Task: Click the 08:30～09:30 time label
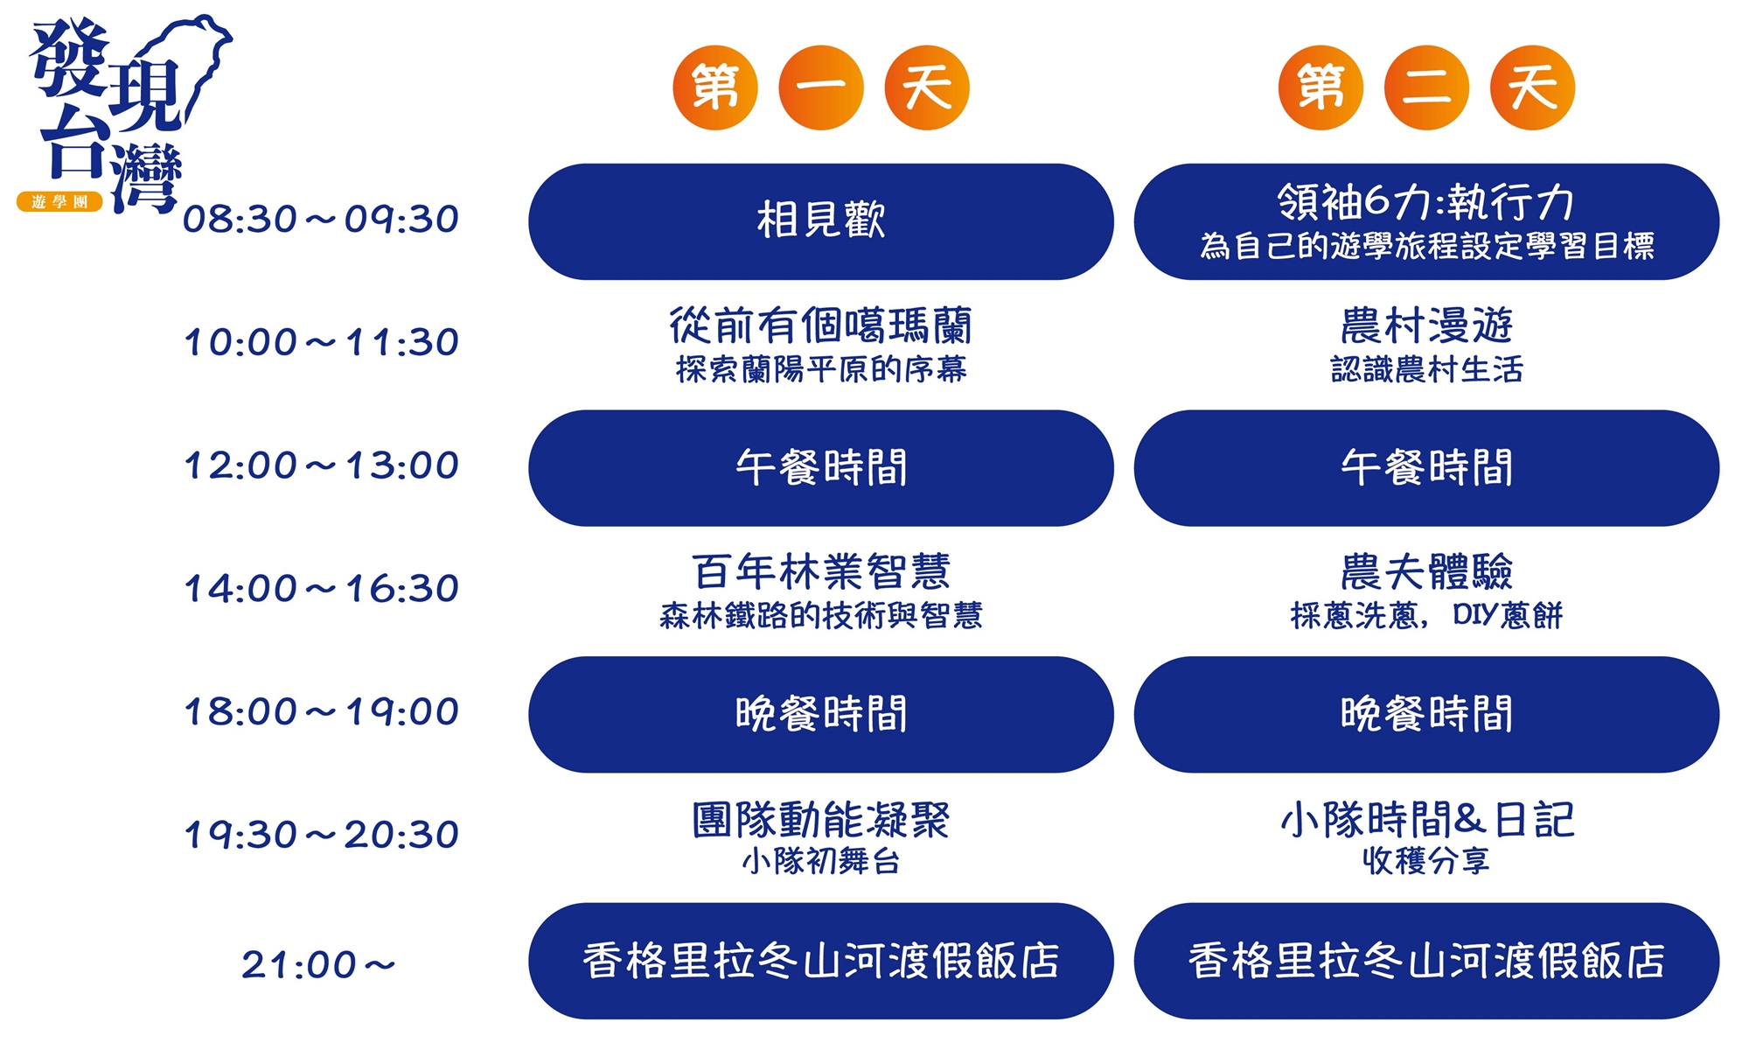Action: (321, 219)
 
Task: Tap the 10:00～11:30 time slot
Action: (321, 342)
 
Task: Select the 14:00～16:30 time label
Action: (321, 589)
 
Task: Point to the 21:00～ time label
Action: (318, 965)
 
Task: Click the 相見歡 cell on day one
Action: (821, 221)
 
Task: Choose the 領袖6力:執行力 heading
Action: (1426, 202)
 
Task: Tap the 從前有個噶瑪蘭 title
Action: (821, 325)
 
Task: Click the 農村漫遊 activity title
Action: (1426, 325)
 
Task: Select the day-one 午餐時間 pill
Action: (821, 468)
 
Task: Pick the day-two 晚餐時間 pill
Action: (1426, 714)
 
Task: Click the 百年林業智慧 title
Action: (821, 572)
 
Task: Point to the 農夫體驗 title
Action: (1426, 572)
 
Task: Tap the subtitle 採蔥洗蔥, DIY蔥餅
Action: (1426, 616)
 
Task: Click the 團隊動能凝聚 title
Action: (821, 820)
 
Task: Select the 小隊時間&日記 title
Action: (1426, 820)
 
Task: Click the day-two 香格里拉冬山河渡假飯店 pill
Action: (1426, 961)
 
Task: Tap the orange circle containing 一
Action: (821, 87)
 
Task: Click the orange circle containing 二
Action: (1426, 87)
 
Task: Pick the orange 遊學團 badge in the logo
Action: (59, 202)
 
